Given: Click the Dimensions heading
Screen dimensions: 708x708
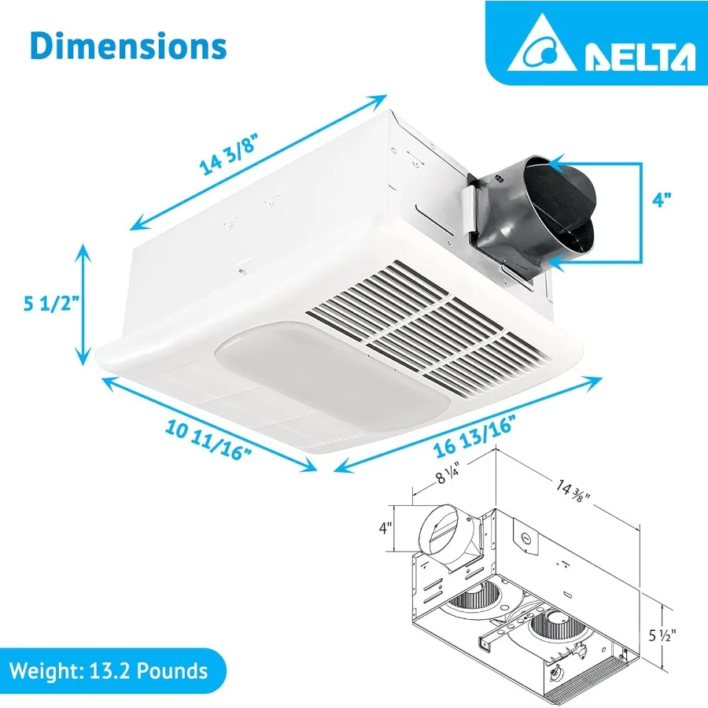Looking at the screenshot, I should (x=128, y=46).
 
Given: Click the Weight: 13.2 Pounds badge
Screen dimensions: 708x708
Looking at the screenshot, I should (x=109, y=671).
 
